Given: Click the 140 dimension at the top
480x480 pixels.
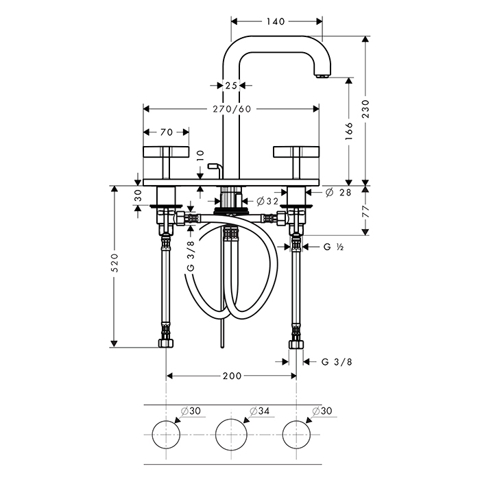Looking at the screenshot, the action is tap(276, 21).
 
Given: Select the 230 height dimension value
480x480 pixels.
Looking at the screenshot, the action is tap(365, 109).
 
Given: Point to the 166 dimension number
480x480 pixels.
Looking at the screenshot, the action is tap(349, 132).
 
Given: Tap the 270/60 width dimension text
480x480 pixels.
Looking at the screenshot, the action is tap(232, 109).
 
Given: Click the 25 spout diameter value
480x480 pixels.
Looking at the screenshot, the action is tap(231, 86).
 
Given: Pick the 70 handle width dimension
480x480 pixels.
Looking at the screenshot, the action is tap(167, 132).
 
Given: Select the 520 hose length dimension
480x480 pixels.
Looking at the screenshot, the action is tap(115, 263).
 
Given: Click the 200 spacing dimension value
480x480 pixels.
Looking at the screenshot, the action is tap(232, 376).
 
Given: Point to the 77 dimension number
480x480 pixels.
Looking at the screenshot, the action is tap(366, 211).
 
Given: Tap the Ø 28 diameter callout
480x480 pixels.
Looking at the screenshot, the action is tap(338, 193).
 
